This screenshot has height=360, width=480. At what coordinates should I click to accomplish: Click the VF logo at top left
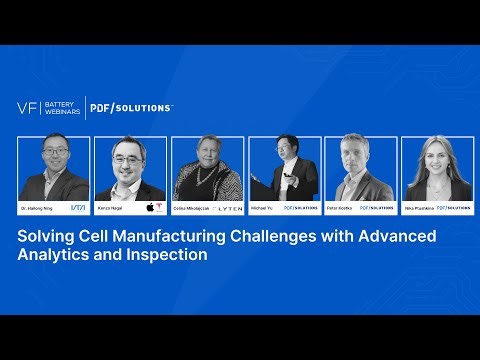pyautogui.click(x=28, y=108)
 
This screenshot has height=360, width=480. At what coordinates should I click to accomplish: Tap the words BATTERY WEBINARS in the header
pyautogui.click(x=62, y=108)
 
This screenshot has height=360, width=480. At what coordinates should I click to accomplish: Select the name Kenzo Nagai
pyautogui.click(x=112, y=208)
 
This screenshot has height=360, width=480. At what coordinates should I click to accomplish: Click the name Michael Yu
pyautogui.click(x=262, y=208)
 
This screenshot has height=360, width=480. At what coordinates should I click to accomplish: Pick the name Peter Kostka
pyautogui.click(x=340, y=208)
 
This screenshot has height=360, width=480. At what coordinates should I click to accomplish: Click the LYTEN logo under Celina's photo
pyautogui.click(x=226, y=208)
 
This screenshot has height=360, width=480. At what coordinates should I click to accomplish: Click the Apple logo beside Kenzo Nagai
pyautogui.click(x=150, y=208)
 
